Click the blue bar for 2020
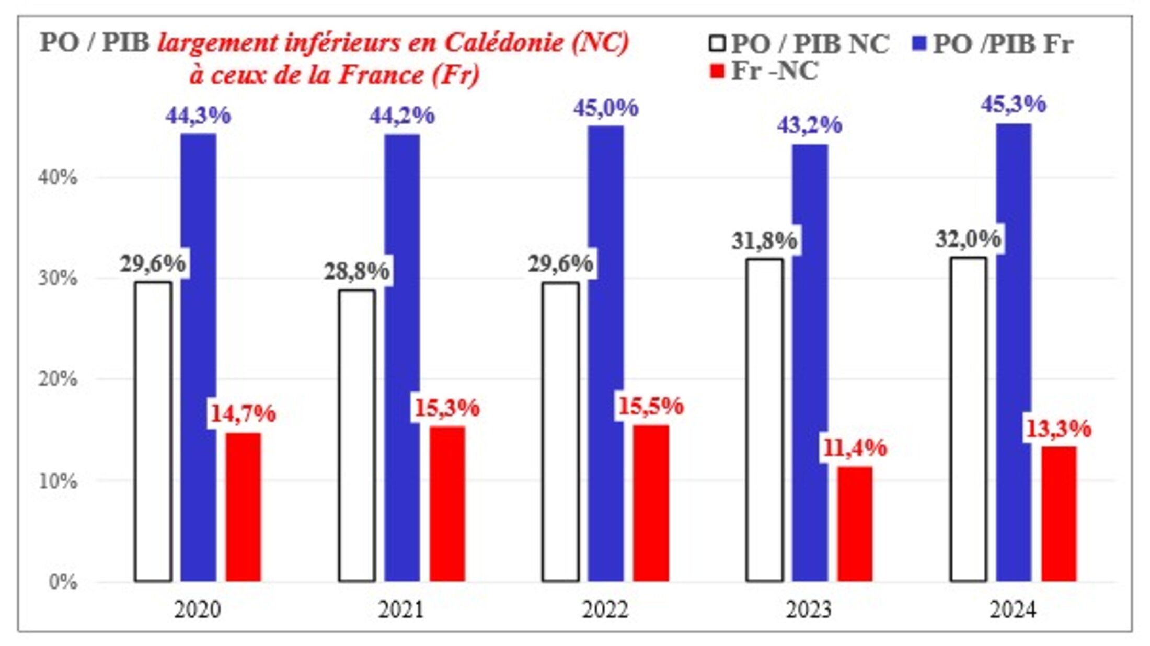pos(199,357)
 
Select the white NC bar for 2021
pos(357,435)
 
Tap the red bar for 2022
pos(651,503)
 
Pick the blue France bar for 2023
pos(810,363)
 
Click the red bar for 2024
pos(1059,513)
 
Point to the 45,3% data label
pos(1013,104)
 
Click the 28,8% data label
pos(356,271)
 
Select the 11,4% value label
pos(855,448)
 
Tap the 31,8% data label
pos(764,241)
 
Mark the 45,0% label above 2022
pos(606,108)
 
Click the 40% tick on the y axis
pos(57,178)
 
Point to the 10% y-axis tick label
pos(57,481)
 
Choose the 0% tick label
pos(63,582)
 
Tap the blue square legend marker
pos(919,43)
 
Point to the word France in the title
pos(381,75)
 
